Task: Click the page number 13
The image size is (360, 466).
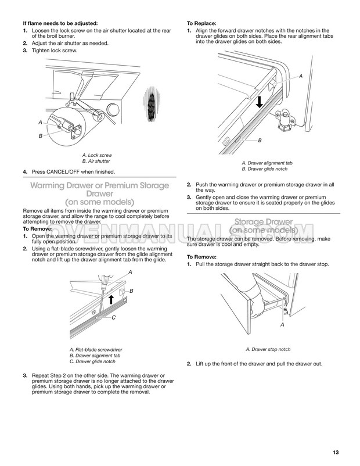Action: pyautogui.click(x=336, y=453)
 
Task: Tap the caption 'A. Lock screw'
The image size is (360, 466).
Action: pyautogui.click(x=98, y=156)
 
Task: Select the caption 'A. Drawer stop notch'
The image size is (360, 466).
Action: pyautogui.click(x=268, y=349)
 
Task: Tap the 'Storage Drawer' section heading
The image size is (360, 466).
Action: pyautogui.click(x=269, y=221)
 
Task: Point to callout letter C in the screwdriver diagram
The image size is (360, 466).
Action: pyautogui.click(x=114, y=317)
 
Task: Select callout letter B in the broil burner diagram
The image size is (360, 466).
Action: pyautogui.click(x=41, y=135)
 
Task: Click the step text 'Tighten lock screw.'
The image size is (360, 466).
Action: pyautogui.click(x=53, y=51)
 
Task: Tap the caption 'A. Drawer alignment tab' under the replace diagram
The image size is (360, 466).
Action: pyautogui.click(x=267, y=163)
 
